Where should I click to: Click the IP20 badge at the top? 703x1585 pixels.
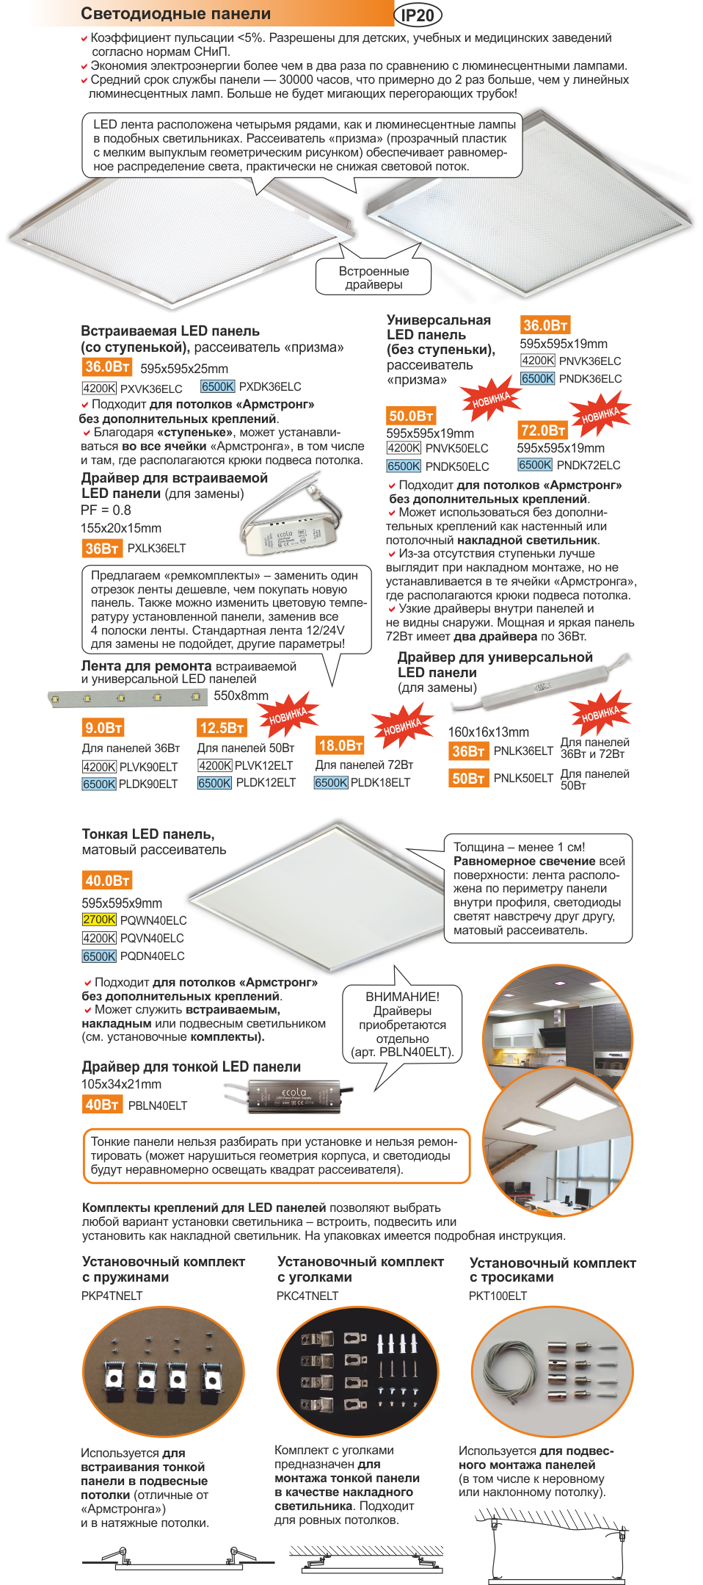coord(418,15)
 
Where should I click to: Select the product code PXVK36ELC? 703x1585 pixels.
coord(151,389)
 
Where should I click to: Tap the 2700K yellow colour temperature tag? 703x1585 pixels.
coord(99,920)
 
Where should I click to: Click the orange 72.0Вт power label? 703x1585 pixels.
coord(543,430)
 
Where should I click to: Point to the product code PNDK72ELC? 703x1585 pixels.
coord(589,465)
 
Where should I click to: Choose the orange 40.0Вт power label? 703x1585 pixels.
coord(107,880)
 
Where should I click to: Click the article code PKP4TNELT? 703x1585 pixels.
coord(112,1296)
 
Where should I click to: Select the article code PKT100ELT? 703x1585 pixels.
coord(498,1296)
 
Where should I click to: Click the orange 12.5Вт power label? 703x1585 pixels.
coord(222,728)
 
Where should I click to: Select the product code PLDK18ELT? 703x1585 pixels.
coord(380,782)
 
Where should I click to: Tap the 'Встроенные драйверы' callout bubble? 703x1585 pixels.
coord(374,277)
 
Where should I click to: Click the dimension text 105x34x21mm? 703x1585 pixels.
coord(121,1084)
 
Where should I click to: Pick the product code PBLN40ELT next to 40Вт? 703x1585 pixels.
coord(158,1105)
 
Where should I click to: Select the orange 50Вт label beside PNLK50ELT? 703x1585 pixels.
coord(468,778)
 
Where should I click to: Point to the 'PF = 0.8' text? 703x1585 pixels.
coord(106,510)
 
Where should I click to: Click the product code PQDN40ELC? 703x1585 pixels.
coord(153,956)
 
